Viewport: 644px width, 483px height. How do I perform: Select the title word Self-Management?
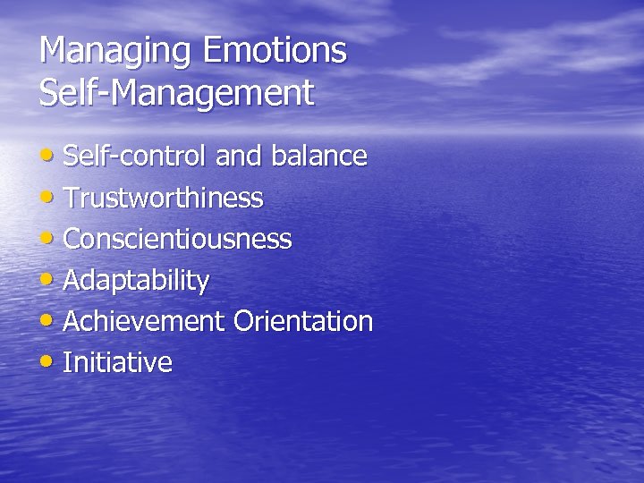coord(176,92)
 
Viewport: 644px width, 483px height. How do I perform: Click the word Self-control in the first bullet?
coord(135,157)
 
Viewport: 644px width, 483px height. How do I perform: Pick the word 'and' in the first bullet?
coord(237,157)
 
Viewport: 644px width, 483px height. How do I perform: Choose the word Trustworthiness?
coord(163,198)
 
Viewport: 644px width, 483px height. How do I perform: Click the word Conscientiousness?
coord(177,239)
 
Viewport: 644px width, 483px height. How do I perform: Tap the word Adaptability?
coord(136,281)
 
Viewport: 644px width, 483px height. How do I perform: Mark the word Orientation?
coord(303,321)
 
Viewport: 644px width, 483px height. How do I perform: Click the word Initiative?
coord(117,362)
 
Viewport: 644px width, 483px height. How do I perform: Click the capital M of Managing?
coord(53,50)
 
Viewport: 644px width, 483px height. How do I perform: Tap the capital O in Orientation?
coord(243,321)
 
